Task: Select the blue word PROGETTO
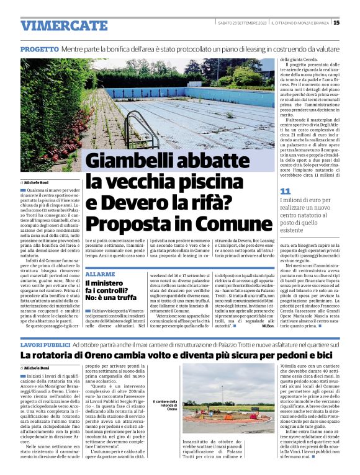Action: (39, 48)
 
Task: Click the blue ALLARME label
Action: (100, 273)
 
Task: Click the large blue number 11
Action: (286, 191)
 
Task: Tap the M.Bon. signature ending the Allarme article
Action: (268, 326)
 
